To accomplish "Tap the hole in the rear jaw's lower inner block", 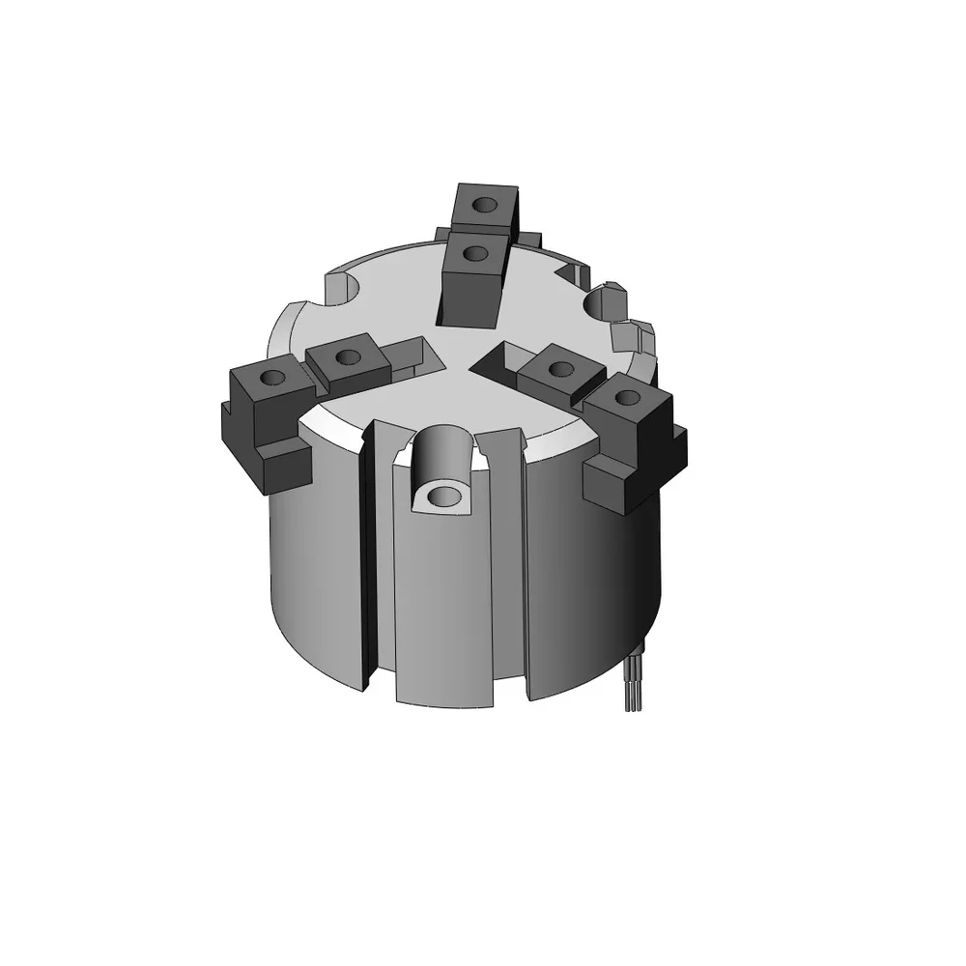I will [x=474, y=253].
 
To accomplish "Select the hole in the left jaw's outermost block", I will [x=273, y=377].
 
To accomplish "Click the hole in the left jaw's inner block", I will [x=349, y=357].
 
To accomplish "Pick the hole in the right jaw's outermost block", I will [x=626, y=395].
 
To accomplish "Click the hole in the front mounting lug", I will [x=443, y=497].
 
